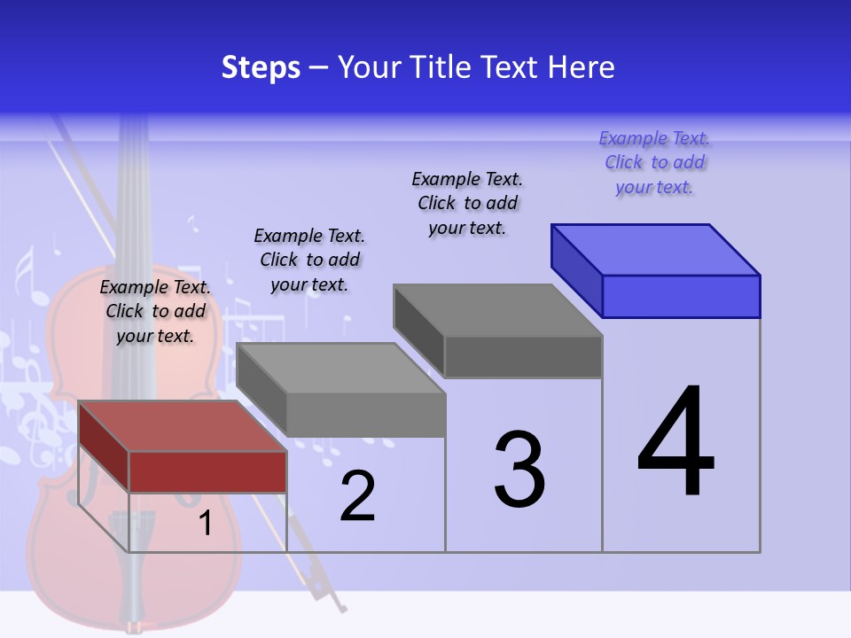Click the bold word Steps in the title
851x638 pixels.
pyautogui.click(x=261, y=67)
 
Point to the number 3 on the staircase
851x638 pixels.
pyautogui.click(x=519, y=470)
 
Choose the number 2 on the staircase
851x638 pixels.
pyautogui.click(x=357, y=496)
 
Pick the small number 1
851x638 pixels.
pyautogui.click(x=205, y=523)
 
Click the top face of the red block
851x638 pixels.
pyautogui.click(x=182, y=426)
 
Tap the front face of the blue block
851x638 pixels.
pyautogui.click(x=681, y=296)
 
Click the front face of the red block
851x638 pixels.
pyautogui.click(x=207, y=471)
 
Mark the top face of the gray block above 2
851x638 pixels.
pyautogui.click(x=340, y=369)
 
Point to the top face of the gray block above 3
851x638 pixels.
pyautogui.click(x=497, y=310)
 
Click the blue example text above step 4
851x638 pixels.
pyautogui.click(x=654, y=163)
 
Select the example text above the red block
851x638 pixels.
pyautogui.click(x=155, y=312)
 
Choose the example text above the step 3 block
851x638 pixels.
pyautogui.click(x=467, y=204)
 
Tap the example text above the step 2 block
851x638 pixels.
pyautogui.click(x=309, y=261)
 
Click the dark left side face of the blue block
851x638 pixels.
pyautogui.click(x=576, y=269)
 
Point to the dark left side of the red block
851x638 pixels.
pyautogui.click(x=104, y=447)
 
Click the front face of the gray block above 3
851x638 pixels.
pyautogui.click(x=523, y=356)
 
